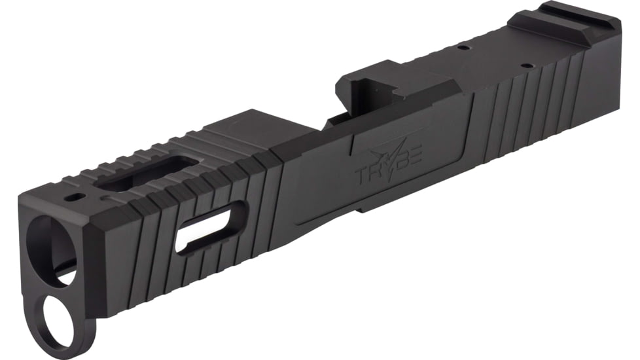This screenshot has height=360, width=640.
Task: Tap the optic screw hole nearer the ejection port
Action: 463,47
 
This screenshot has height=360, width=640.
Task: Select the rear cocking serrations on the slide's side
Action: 524,98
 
